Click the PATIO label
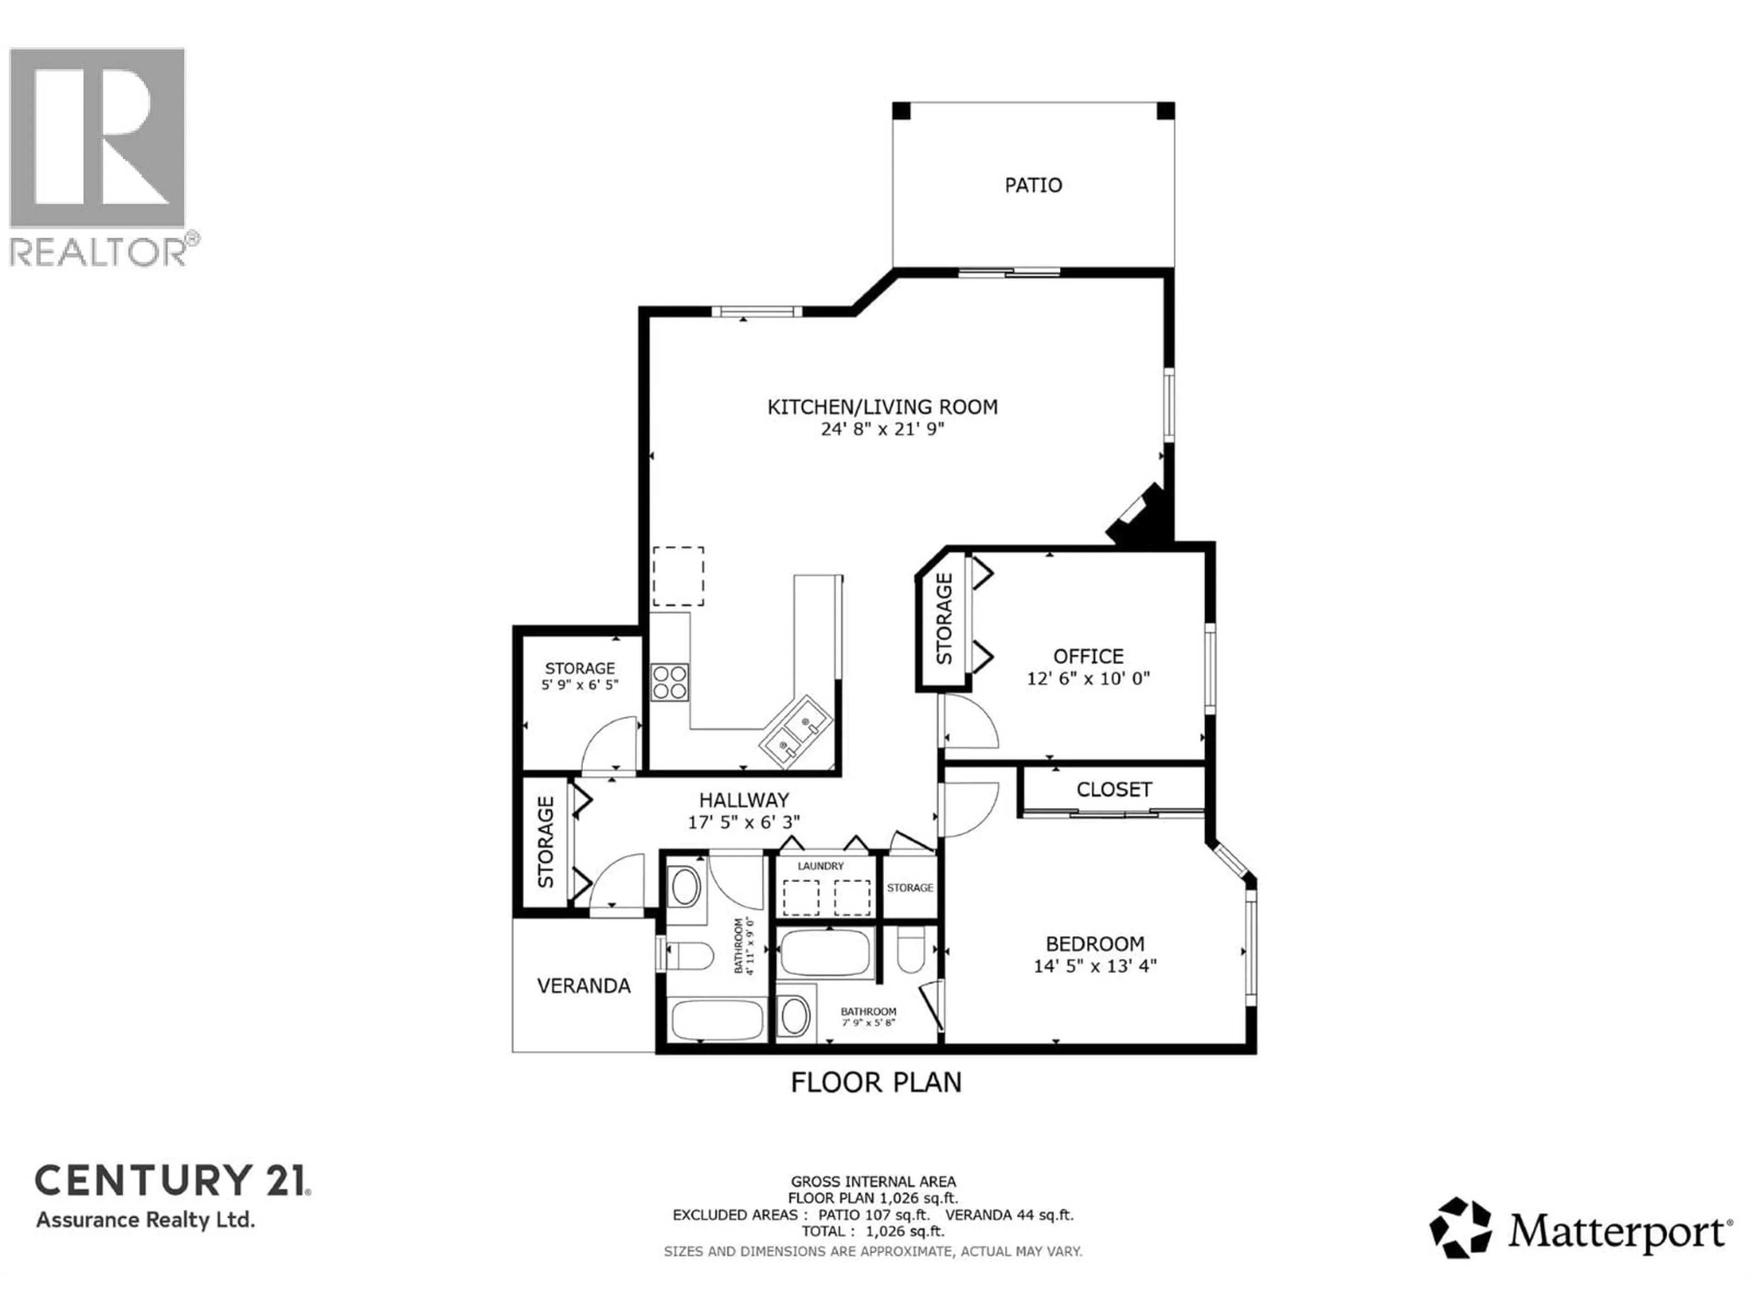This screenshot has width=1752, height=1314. [x=1033, y=185]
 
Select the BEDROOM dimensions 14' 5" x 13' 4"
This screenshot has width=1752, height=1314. [x=1095, y=966]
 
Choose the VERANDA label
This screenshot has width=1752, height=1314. [x=584, y=986]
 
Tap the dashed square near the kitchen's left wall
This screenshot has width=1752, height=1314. [x=678, y=576]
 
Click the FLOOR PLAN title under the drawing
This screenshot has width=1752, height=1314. [x=876, y=1083]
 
